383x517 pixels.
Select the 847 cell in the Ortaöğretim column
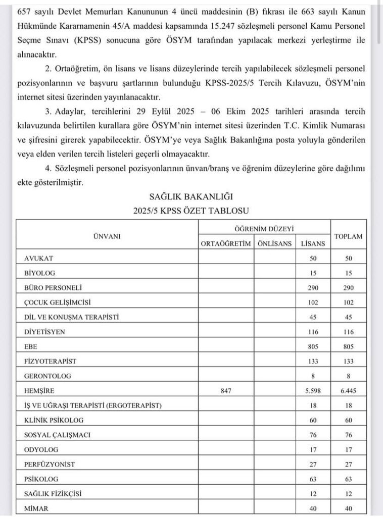pos(225,391)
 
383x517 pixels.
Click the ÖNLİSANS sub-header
pos(274,244)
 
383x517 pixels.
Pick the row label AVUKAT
pos(38,258)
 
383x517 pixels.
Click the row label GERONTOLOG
pos(47,376)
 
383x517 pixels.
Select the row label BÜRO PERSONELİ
pos(53,288)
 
